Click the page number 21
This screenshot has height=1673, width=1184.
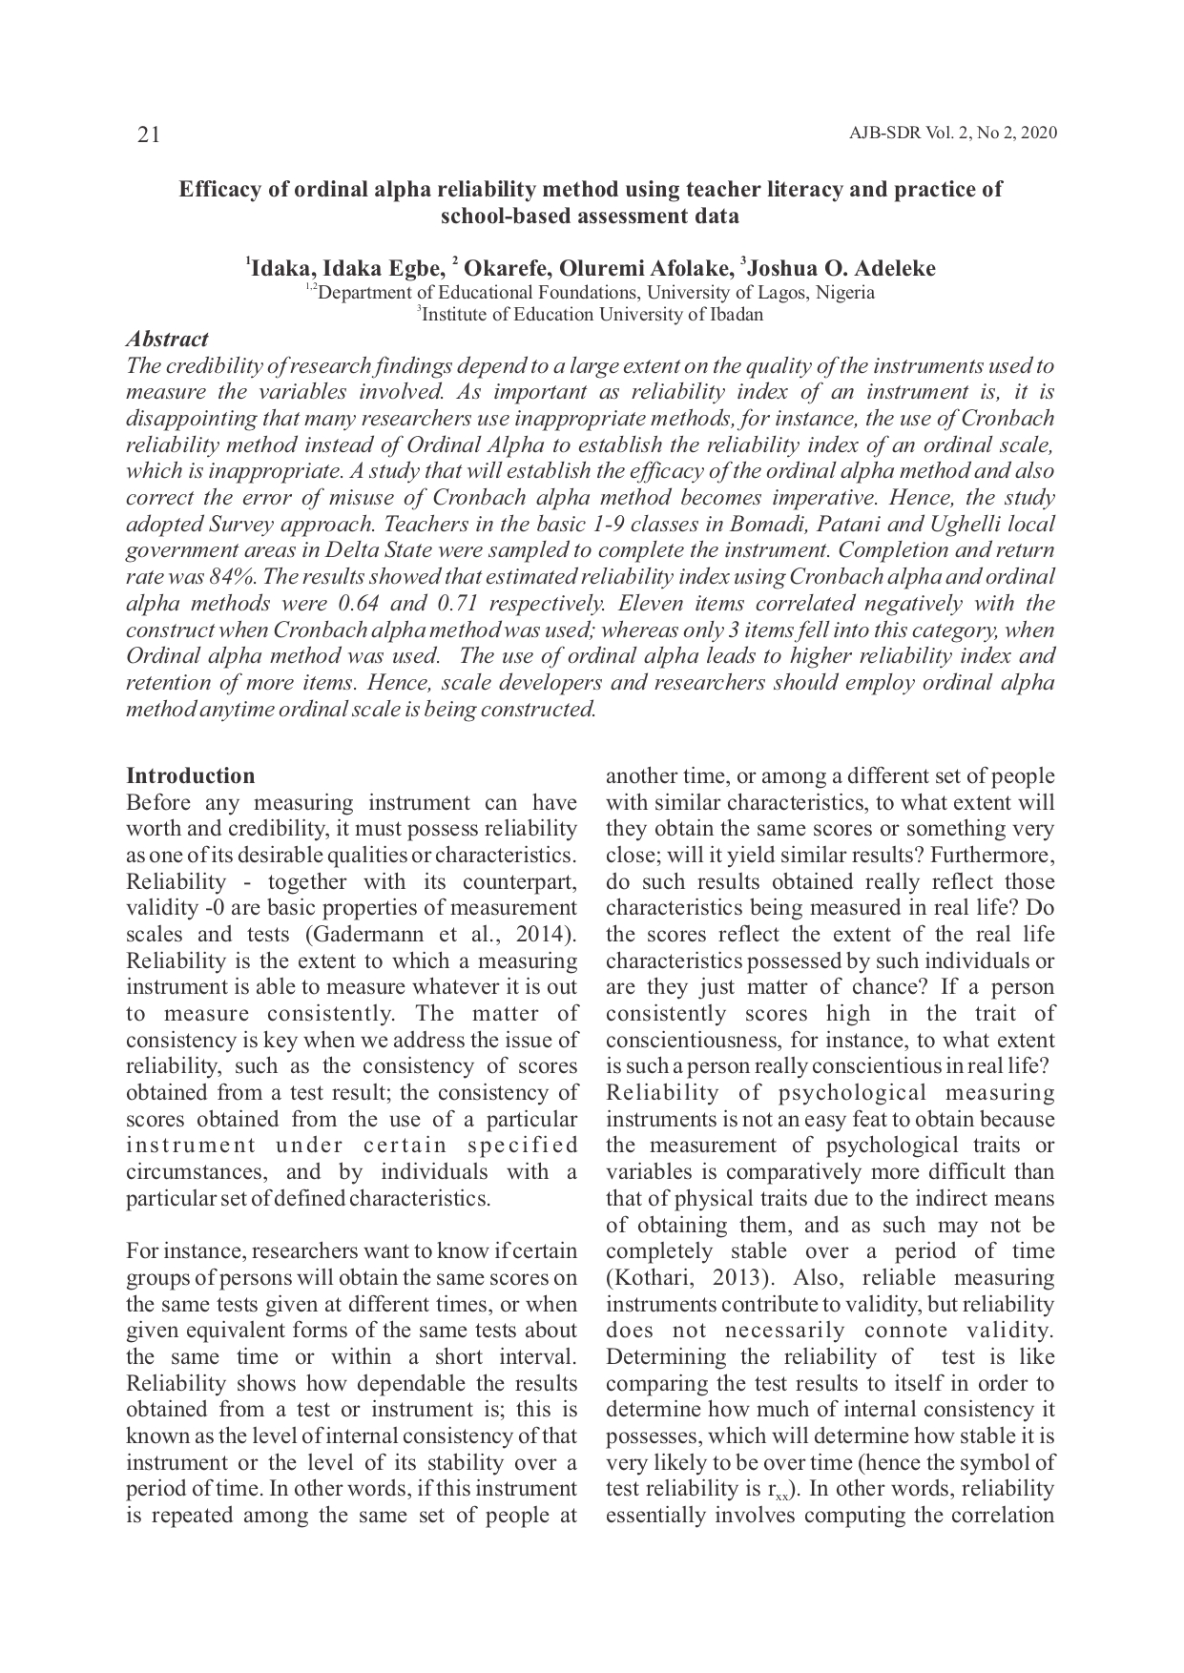tap(148, 135)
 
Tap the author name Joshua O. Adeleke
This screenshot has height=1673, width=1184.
tap(841, 268)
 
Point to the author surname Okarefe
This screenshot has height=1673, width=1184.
tap(505, 268)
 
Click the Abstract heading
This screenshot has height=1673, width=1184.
tap(167, 339)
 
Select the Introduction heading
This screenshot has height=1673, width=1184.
tap(191, 775)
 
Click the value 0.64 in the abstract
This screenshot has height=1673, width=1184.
tap(359, 604)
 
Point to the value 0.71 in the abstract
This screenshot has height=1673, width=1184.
tap(457, 604)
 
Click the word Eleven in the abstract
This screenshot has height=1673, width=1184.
tap(649, 604)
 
